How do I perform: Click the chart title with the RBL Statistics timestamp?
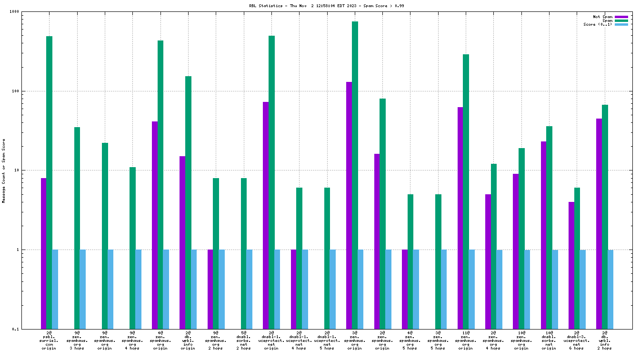point(320,6)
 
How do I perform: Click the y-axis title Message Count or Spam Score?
point(4,171)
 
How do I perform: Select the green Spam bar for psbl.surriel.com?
point(49,181)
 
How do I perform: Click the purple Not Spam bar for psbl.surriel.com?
point(43,252)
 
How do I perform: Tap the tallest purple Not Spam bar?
point(349,205)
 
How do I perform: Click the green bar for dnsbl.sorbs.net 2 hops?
point(244,252)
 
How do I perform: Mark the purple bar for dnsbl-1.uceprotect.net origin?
point(266,214)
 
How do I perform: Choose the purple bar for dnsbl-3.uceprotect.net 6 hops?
point(571,265)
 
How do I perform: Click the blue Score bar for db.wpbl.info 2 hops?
point(610,289)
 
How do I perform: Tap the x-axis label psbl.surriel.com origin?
point(49,341)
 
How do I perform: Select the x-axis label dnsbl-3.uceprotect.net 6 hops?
point(577,341)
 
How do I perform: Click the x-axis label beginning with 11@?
point(466,341)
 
